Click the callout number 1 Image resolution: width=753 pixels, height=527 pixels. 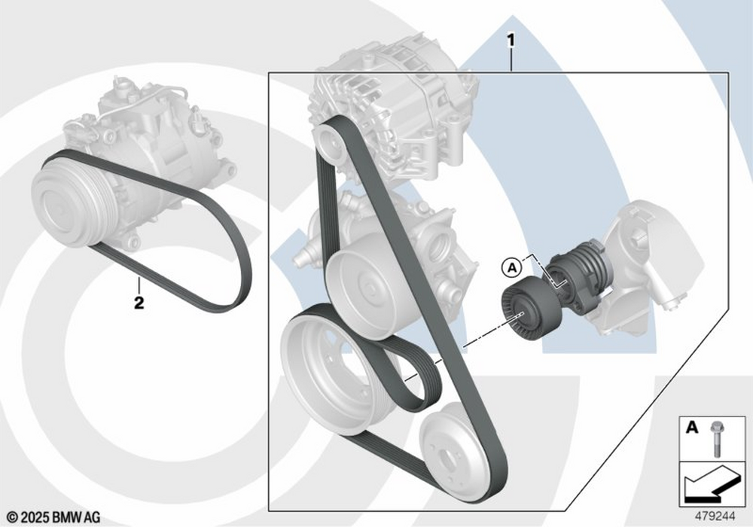pyautogui.click(x=511, y=41)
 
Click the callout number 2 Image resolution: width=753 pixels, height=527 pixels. pyautogui.click(x=139, y=303)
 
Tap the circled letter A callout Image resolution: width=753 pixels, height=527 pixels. pyautogui.click(x=512, y=267)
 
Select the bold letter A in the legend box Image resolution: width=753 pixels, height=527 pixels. pyautogui.click(x=691, y=427)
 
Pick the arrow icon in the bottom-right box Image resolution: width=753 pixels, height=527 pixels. pyautogui.click(x=709, y=484)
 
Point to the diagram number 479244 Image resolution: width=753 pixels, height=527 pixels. pyautogui.click(x=715, y=516)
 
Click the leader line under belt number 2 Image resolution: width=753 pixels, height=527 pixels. pyautogui.click(x=139, y=286)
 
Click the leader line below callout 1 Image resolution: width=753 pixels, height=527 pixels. pyautogui.click(x=511, y=60)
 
